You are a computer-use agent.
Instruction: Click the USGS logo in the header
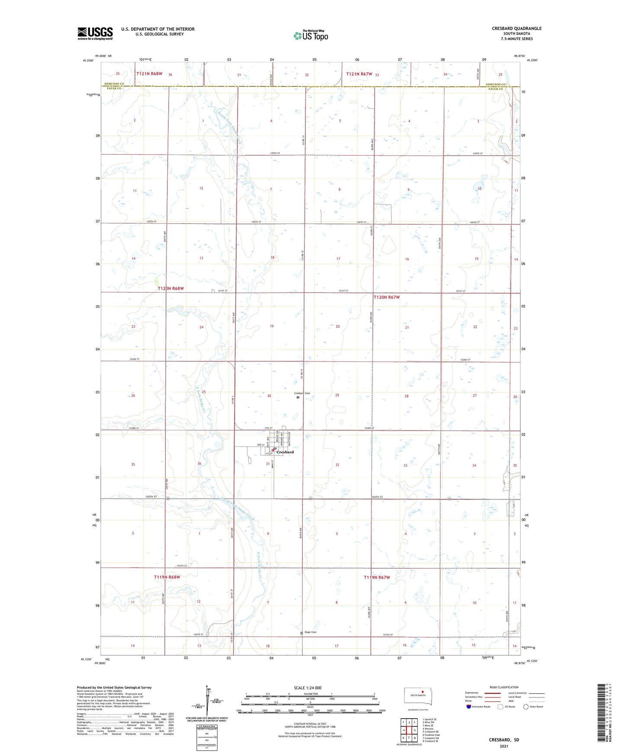coord(95,33)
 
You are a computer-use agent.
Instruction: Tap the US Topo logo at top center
coord(311,35)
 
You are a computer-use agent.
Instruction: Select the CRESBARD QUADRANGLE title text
coord(516,29)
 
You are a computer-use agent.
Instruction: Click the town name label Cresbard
coord(285,452)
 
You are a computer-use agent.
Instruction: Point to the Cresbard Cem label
coord(302,393)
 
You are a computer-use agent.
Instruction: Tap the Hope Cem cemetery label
coord(311,632)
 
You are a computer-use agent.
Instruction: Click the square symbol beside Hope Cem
coord(302,633)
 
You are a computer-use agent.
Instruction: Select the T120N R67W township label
coord(386,297)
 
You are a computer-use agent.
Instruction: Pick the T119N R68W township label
coord(167,577)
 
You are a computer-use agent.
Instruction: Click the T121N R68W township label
coord(149,74)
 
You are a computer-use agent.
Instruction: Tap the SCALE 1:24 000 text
coord(308,688)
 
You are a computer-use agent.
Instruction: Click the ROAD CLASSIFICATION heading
coord(504,687)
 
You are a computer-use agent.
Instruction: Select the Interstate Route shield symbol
coord(469,707)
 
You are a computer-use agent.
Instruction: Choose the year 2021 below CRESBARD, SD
coord(503,746)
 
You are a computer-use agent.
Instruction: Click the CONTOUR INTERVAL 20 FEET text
coord(310,724)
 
